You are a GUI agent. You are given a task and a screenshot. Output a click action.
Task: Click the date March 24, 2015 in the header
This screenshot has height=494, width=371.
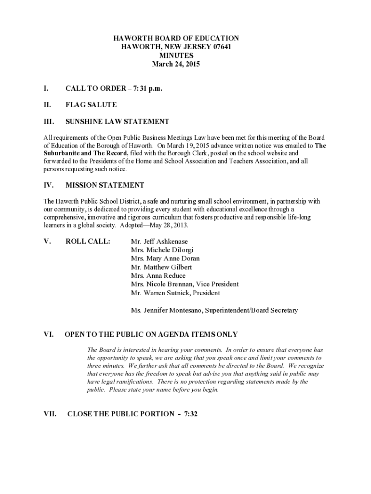(x=176, y=64)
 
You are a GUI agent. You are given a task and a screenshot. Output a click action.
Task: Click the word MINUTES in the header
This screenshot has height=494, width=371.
(x=176, y=55)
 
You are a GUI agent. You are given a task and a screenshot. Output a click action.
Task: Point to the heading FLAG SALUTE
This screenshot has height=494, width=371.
(x=91, y=104)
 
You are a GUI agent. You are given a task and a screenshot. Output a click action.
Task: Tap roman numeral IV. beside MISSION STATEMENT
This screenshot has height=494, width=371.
(x=49, y=185)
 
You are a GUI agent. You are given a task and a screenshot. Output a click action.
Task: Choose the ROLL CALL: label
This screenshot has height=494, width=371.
(x=88, y=241)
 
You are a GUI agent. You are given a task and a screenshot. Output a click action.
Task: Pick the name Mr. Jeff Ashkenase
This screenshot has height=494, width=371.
(x=159, y=241)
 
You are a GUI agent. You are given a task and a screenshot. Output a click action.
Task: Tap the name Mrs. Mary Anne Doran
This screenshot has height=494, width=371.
(x=165, y=259)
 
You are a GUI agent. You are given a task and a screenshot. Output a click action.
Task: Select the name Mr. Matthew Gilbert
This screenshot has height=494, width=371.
(x=161, y=267)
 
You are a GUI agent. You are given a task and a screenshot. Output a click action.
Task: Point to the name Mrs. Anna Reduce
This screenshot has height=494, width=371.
(x=158, y=276)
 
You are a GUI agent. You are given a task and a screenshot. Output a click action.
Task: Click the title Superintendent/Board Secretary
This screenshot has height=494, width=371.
(x=251, y=310)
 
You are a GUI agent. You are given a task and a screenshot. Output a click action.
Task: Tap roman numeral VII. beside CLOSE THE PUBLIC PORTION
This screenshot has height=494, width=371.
(x=50, y=413)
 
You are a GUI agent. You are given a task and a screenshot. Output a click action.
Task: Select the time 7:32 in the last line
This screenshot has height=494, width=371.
(x=191, y=413)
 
